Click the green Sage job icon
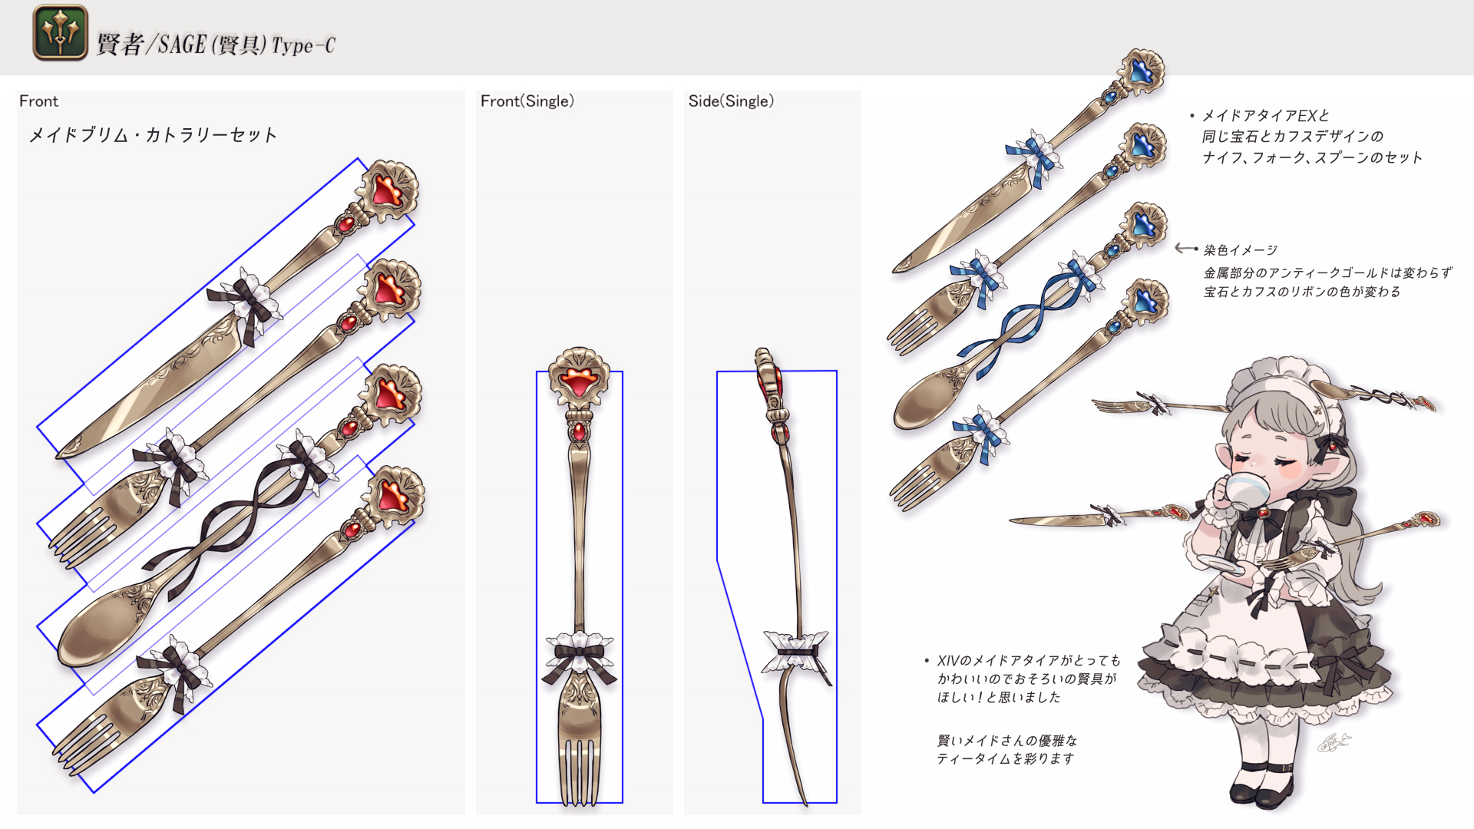coord(60,32)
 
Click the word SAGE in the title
coord(182,45)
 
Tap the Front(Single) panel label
coord(527,101)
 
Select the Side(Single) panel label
coord(731,101)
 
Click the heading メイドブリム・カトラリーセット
coord(152,135)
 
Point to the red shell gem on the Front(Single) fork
coord(579,380)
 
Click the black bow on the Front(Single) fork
coord(579,656)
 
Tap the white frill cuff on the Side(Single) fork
coord(795,649)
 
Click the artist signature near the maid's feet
coord(1334,742)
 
